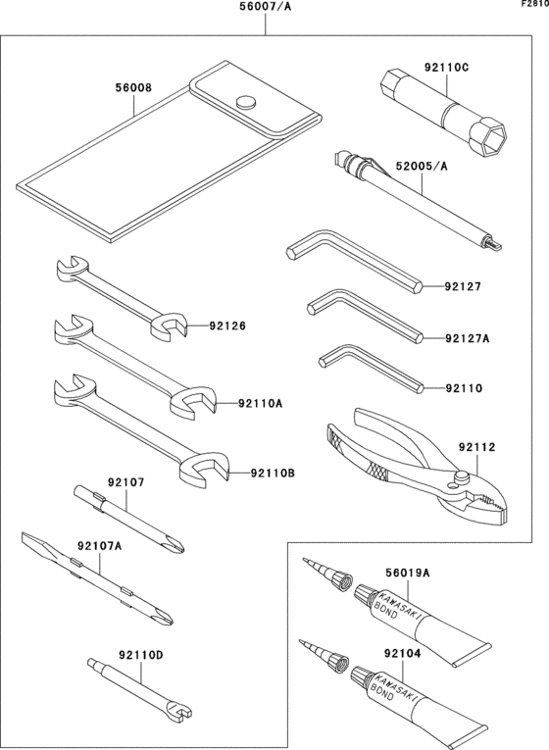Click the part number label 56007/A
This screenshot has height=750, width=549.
point(266,8)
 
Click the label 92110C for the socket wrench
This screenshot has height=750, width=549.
point(446,68)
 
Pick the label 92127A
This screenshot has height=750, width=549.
point(467,338)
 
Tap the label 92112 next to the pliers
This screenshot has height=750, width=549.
point(475,448)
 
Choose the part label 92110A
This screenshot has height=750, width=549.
point(259,403)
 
